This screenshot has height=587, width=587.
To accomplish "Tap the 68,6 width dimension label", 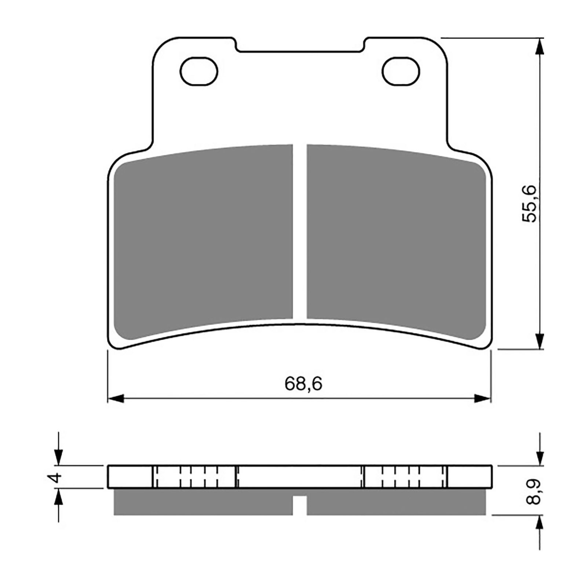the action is click(303, 384).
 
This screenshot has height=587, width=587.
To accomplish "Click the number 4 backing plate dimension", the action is click(55, 477).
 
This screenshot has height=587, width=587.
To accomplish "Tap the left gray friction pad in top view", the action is click(205, 236).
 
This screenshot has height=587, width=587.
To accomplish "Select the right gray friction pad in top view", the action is click(396, 236).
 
